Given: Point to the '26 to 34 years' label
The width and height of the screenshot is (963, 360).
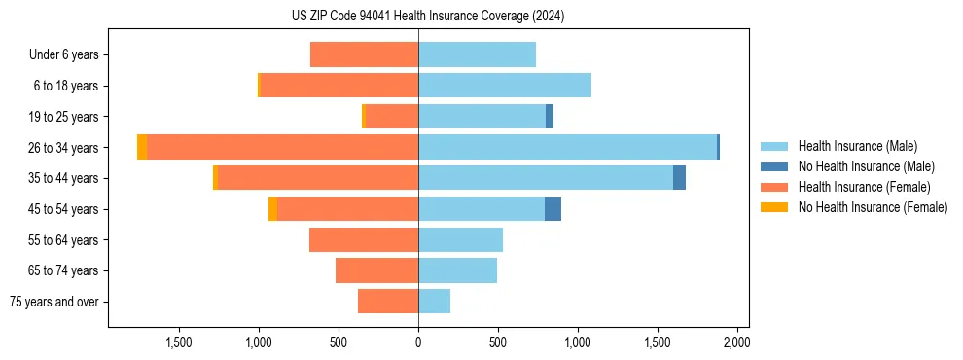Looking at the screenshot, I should [x=63, y=148].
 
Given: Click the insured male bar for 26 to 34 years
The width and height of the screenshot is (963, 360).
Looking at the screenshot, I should [x=567, y=147].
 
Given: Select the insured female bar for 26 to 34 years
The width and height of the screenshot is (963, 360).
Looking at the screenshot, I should [x=282, y=147].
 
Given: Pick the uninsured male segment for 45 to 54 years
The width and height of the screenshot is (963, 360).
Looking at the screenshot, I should [x=553, y=208].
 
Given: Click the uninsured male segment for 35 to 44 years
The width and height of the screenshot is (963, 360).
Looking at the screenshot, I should [x=679, y=178].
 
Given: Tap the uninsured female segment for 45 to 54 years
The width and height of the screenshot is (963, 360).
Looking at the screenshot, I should [x=272, y=208].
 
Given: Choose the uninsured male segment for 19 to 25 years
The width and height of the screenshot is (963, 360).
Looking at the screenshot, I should [x=550, y=117].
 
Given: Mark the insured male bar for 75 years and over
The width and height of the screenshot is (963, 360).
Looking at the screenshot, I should [x=434, y=302].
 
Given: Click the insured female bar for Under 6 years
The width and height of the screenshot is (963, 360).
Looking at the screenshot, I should [x=364, y=55].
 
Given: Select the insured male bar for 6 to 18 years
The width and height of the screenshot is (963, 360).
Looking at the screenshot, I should [x=505, y=86].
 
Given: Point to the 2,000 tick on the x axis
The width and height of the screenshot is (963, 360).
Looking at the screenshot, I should [x=736, y=342].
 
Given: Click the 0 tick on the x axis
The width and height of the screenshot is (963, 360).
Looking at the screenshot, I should [x=418, y=342].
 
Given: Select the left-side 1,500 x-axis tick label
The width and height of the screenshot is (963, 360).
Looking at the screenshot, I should [x=179, y=342].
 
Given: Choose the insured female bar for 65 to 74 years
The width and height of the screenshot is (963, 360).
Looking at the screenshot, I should [x=376, y=270].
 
